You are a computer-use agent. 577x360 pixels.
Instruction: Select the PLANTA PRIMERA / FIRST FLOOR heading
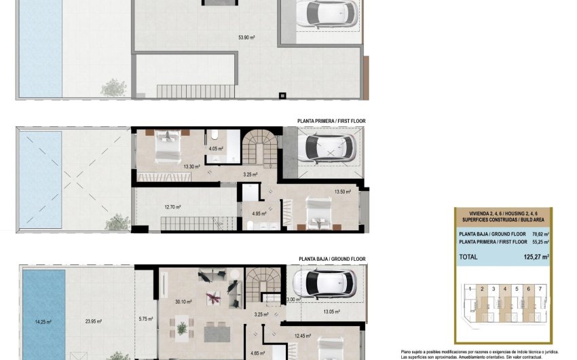331,121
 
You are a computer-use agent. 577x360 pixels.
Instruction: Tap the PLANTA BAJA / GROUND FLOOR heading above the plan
332,259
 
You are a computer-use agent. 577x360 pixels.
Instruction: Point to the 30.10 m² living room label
183,302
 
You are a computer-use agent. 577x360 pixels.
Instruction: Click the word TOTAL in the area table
468,257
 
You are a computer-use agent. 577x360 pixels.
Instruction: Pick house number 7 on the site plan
540,289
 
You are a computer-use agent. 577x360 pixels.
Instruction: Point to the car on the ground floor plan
327,281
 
